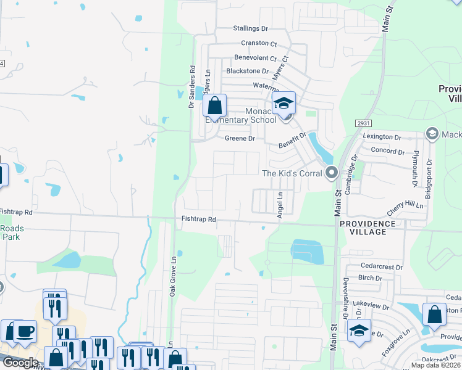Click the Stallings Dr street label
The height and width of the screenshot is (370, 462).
251,28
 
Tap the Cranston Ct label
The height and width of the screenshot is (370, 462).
259,43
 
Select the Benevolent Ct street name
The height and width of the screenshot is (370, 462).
256,57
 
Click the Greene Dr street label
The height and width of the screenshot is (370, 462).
240,139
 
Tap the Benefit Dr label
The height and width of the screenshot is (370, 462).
292,139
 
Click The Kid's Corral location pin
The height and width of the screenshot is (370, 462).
332,173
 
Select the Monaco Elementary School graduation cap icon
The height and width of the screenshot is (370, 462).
284,103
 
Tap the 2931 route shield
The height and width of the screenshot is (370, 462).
363,124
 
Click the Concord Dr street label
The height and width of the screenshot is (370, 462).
387,151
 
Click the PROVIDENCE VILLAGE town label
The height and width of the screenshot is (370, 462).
372,227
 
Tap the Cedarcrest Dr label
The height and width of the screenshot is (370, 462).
380,267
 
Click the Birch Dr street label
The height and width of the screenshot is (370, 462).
371,278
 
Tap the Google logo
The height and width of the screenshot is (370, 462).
20,363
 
